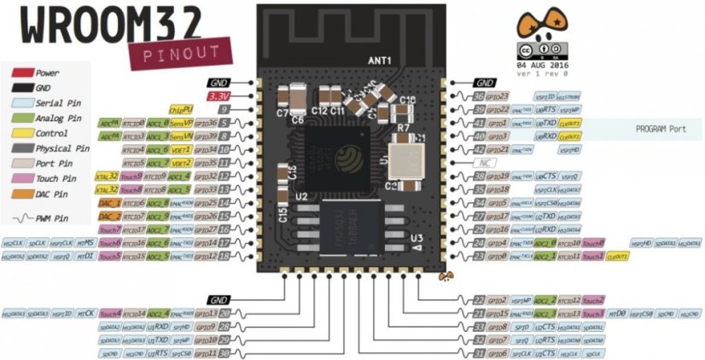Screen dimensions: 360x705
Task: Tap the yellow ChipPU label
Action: (x=179, y=110)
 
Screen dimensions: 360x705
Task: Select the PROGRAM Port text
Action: (x=661, y=129)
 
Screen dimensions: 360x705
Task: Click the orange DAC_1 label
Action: (x=108, y=203)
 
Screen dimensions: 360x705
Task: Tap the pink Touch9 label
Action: (x=131, y=177)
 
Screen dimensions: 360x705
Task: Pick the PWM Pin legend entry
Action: (x=55, y=219)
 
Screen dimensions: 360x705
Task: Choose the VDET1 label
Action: (x=180, y=150)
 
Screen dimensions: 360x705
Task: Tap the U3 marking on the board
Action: (x=416, y=238)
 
